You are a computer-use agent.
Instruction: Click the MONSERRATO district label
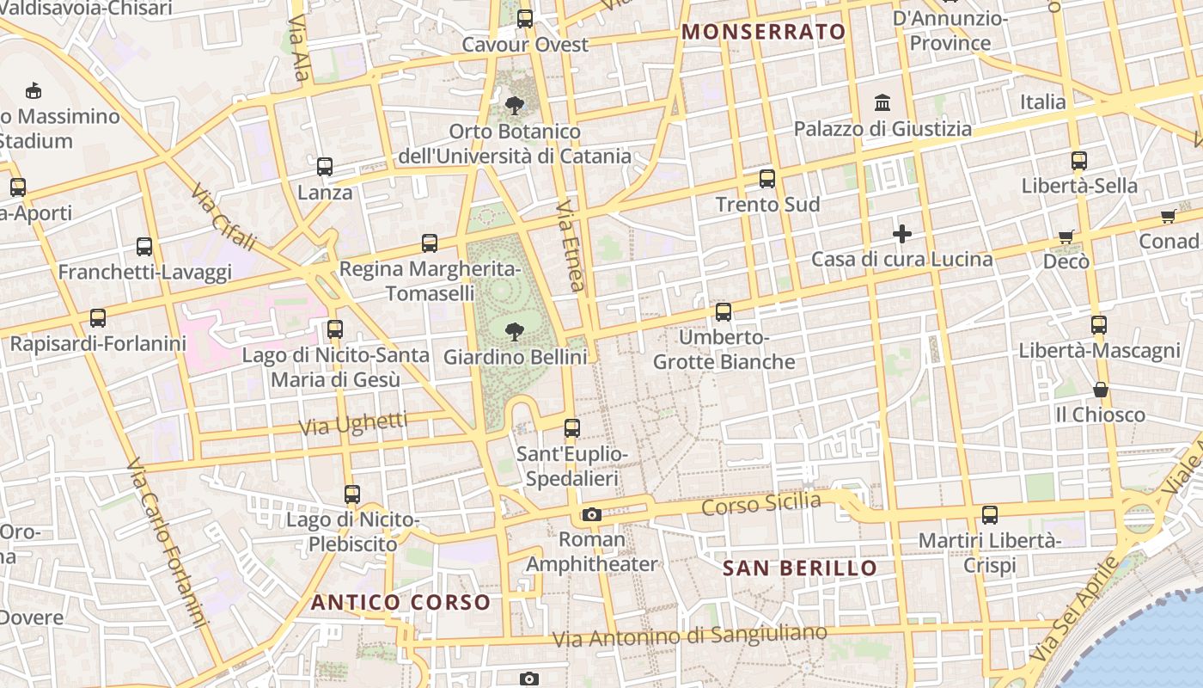pyautogui.click(x=763, y=33)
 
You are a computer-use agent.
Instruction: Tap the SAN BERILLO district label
pyautogui.click(x=800, y=568)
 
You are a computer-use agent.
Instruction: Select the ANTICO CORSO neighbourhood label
pyautogui.click(x=400, y=602)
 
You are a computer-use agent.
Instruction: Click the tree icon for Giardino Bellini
pyautogui.click(x=515, y=331)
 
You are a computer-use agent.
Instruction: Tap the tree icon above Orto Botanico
pyautogui.click(x=515, y=106)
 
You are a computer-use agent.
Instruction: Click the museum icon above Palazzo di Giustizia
pyautogui.click(x=882, y=103)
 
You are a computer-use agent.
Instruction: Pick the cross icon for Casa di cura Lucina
pyautogui.click(x=901, y=233)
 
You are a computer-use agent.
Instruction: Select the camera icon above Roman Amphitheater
pyautogui.click(x=591, y=514)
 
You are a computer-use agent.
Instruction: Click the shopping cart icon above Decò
pyautogui.click(x=1066, y=236)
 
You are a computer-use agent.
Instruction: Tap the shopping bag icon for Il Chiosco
pyautogui.click(x=1100, y=390)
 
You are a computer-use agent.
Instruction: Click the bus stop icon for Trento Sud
pyautogui.click(x=766, y=179)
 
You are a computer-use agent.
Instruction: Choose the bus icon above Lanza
pyautogui.click(x=324, y=167)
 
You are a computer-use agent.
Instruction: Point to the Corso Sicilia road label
pyautogui.click(x=760, y=504)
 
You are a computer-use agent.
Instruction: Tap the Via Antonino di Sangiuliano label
pyautogui.click(x=690, y=636)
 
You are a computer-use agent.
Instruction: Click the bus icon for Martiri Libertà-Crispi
pyautogui.click(x=989, y=515)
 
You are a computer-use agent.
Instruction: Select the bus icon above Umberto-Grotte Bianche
pyautogui.click(x=724, y=312)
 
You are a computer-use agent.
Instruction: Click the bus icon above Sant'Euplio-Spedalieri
pyautogui.click(x=571, y=427)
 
